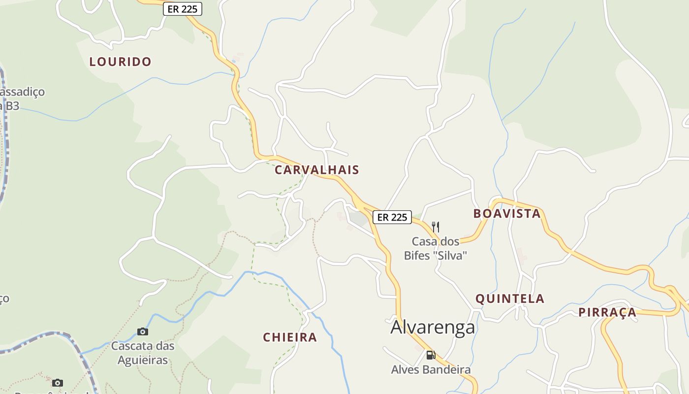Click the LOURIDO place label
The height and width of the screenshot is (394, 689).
tap(120, 62)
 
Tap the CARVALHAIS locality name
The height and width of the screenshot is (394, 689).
tap(317, 170)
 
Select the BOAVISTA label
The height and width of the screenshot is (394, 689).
tap(507, 214)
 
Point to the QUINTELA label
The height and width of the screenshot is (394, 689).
tap(510, 298)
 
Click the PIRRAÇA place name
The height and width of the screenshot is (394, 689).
tap(607, 312)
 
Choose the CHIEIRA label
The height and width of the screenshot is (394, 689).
tap(290, 337)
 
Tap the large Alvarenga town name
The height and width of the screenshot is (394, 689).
tap(433, 328)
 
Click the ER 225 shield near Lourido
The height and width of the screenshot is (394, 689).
tap(183, 9)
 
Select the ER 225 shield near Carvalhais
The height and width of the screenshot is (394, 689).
tap(392, 217)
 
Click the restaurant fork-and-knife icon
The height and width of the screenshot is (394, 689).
tap(436, 227)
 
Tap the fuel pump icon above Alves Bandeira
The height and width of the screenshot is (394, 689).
tap(431, 355)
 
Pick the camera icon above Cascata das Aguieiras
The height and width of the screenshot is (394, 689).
tap(143, 331)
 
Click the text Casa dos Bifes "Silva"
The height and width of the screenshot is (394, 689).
tap(435, 248)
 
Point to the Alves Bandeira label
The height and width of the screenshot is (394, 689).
tap(431, 369)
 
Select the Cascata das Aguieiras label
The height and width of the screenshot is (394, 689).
tap(143, 353)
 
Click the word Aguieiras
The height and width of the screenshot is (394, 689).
tap(143, 360)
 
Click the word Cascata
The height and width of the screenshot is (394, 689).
tap(129, 346)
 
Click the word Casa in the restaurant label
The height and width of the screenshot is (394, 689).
tap(422, 241)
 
